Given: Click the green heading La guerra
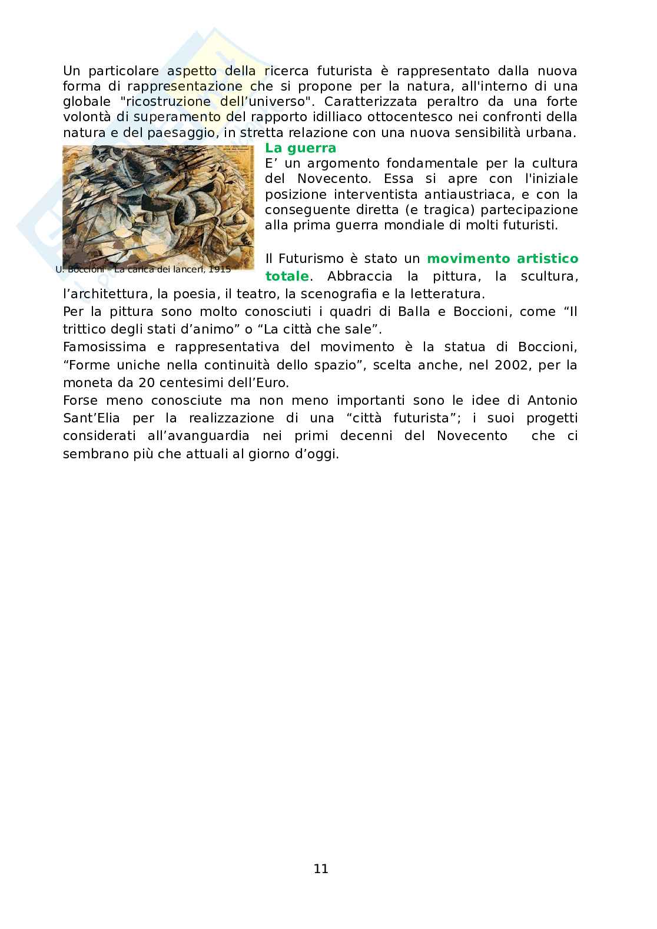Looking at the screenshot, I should click(300, 148).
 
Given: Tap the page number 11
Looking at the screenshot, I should click(321, 868).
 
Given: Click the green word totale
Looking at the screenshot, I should click(287, 276).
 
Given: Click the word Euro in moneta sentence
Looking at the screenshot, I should click(272, 382).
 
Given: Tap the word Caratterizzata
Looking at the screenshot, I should click(370, 102).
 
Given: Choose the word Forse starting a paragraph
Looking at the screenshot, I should click(80, 400).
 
